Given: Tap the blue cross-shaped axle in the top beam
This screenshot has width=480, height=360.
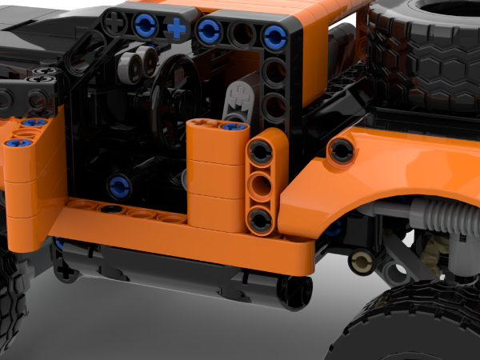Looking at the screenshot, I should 176,30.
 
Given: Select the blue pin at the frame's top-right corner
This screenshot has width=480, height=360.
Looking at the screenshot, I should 274,34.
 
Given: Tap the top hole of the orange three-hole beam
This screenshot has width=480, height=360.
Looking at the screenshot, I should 262,151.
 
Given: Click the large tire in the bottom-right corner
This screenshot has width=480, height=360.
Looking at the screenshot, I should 416,324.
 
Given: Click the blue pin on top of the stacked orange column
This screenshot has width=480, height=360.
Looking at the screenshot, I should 232,126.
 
